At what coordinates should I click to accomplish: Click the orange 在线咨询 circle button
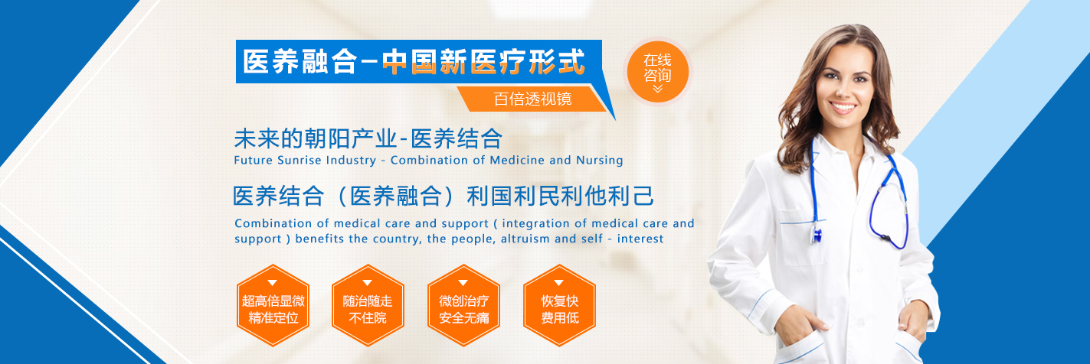point(657,72)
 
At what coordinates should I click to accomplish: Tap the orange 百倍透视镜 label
point(532,99)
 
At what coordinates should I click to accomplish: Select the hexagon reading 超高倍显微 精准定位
point(273,305)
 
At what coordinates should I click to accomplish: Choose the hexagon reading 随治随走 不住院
point(368,305)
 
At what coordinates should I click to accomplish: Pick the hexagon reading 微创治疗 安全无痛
point(463,305)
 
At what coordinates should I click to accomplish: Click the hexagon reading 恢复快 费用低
point(560,305)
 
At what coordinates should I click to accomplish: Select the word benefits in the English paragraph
point(319,239)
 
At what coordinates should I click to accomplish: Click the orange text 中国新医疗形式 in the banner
point(483,62)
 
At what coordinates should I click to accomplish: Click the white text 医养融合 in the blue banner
point(300,62)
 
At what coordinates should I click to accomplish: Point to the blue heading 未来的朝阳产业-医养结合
point(368,138)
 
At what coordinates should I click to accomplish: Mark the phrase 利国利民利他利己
point(560,196)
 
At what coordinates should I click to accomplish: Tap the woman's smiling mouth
point(842,107)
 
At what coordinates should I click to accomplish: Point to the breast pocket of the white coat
point(802,237)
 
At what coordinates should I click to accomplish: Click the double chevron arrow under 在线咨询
point(657,89)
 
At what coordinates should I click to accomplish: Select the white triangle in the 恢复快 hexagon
point(558,282)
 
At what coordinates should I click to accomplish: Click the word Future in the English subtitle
point(253,160)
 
